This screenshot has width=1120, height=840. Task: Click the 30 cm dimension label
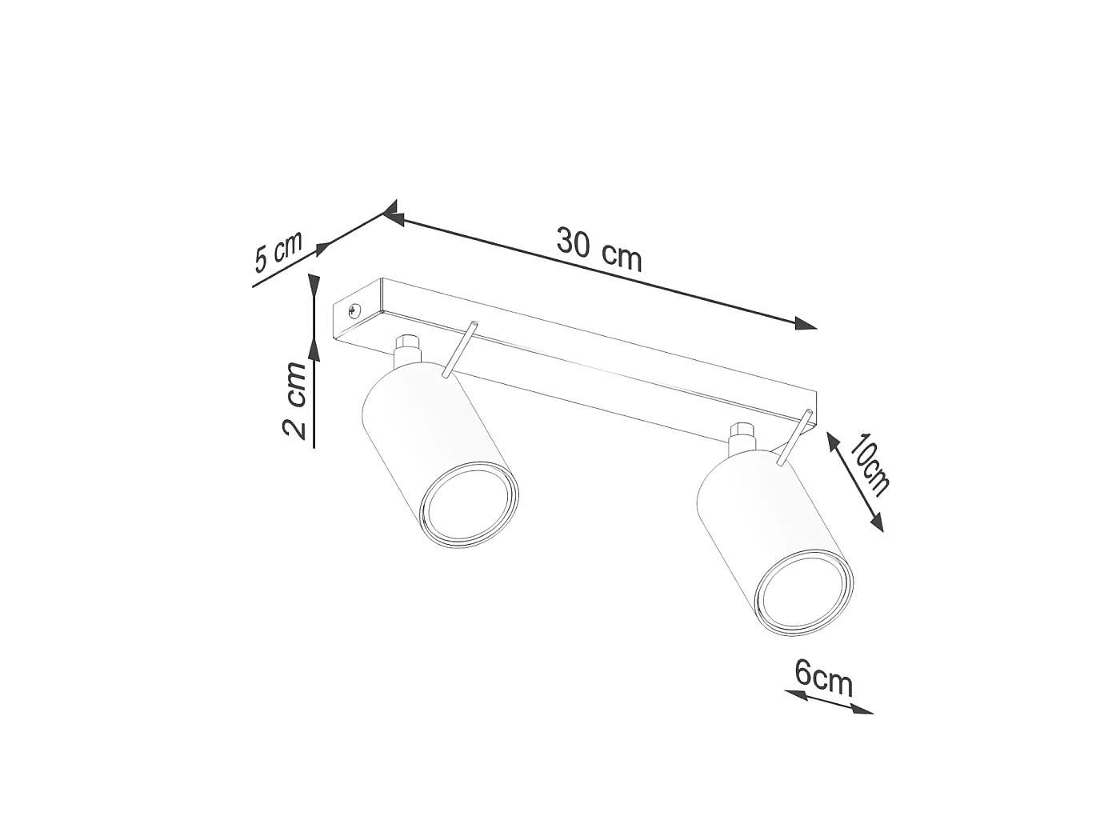point(598,248)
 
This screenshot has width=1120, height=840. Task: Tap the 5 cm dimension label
point(278,251)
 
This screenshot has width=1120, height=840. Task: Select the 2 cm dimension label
point(294,400)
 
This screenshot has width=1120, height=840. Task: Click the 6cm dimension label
point(823,678)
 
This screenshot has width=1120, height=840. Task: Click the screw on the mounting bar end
point(354,310)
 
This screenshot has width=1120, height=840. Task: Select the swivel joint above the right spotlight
point(743,437)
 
